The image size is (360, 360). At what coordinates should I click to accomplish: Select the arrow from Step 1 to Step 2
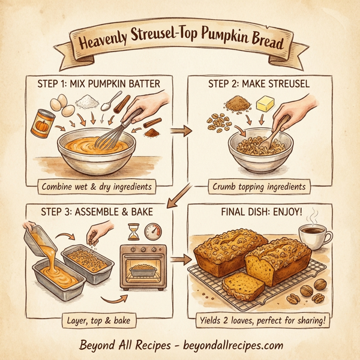click(x=178, y=130)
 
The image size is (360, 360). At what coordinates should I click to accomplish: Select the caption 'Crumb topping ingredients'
click(x=259, y=187)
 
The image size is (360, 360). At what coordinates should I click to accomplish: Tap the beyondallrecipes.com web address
click(x=224, y=346)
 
